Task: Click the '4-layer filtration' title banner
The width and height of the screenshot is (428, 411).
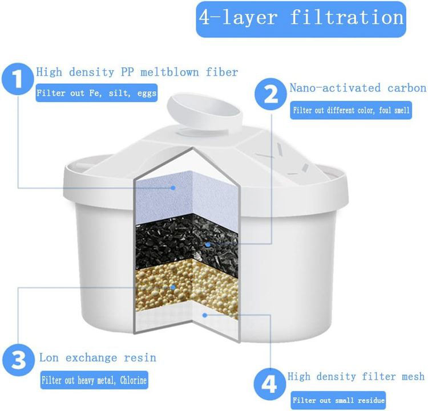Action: [301, 19]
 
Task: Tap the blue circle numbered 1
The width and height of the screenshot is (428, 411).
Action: [18, 79]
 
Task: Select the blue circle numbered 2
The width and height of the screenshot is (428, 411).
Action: [270, 94]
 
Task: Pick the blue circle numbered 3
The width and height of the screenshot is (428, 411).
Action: [19, 360]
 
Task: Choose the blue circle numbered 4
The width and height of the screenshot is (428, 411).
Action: [270, 385]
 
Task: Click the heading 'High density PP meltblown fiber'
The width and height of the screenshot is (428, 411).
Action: [137, 72]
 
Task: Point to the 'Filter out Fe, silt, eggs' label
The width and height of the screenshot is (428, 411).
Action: [96, 93]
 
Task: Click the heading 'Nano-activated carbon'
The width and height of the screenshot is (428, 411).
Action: [358, 88]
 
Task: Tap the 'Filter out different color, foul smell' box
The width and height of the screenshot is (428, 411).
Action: [351, 110]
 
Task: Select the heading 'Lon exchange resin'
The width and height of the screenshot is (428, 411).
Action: [98, 357]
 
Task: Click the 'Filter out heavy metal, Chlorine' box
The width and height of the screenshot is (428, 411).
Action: [94, 380]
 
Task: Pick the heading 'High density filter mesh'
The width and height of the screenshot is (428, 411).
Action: [356, 377]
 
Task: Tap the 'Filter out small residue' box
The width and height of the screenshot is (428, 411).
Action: [338, 400]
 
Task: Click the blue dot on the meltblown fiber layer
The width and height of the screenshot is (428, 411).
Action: [173, 188]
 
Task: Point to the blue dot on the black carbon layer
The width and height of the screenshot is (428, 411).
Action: [208, 245]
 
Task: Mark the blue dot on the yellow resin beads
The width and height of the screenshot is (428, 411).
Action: [173, 287]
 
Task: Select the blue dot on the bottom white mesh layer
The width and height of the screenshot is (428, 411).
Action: [205, 315]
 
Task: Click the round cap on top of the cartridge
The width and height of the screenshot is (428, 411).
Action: [205, 112]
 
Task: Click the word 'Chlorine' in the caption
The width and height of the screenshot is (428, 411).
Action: [134, 380]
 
